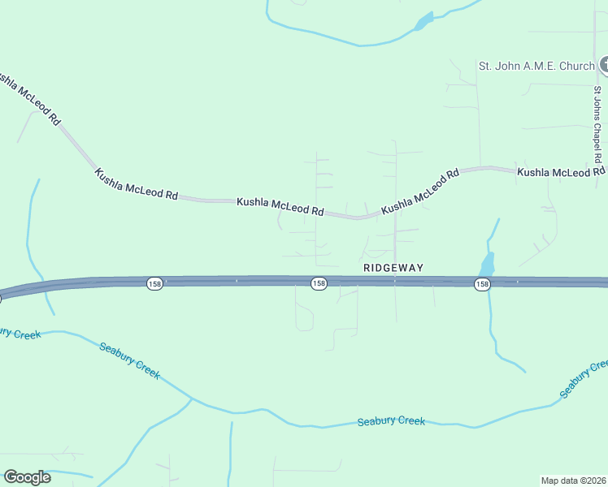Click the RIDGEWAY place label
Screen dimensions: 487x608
point(393,267)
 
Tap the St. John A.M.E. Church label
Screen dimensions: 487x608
point(536,66)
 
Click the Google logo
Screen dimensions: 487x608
point(27,477)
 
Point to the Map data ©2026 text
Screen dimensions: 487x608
point(574,480)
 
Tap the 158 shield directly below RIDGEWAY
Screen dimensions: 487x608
point(319,283)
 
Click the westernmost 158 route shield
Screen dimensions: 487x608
point(155,283)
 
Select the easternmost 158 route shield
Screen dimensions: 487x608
point(483,283)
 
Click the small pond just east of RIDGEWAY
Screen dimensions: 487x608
point(487,265)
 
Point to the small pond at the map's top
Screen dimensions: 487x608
point(423,22)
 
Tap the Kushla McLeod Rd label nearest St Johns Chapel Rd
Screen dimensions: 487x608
point(561,172)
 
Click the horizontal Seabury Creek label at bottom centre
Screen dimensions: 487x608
point(391,421)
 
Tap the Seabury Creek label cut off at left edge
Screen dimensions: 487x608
point(18,333)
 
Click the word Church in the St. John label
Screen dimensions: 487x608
point(576,66)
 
